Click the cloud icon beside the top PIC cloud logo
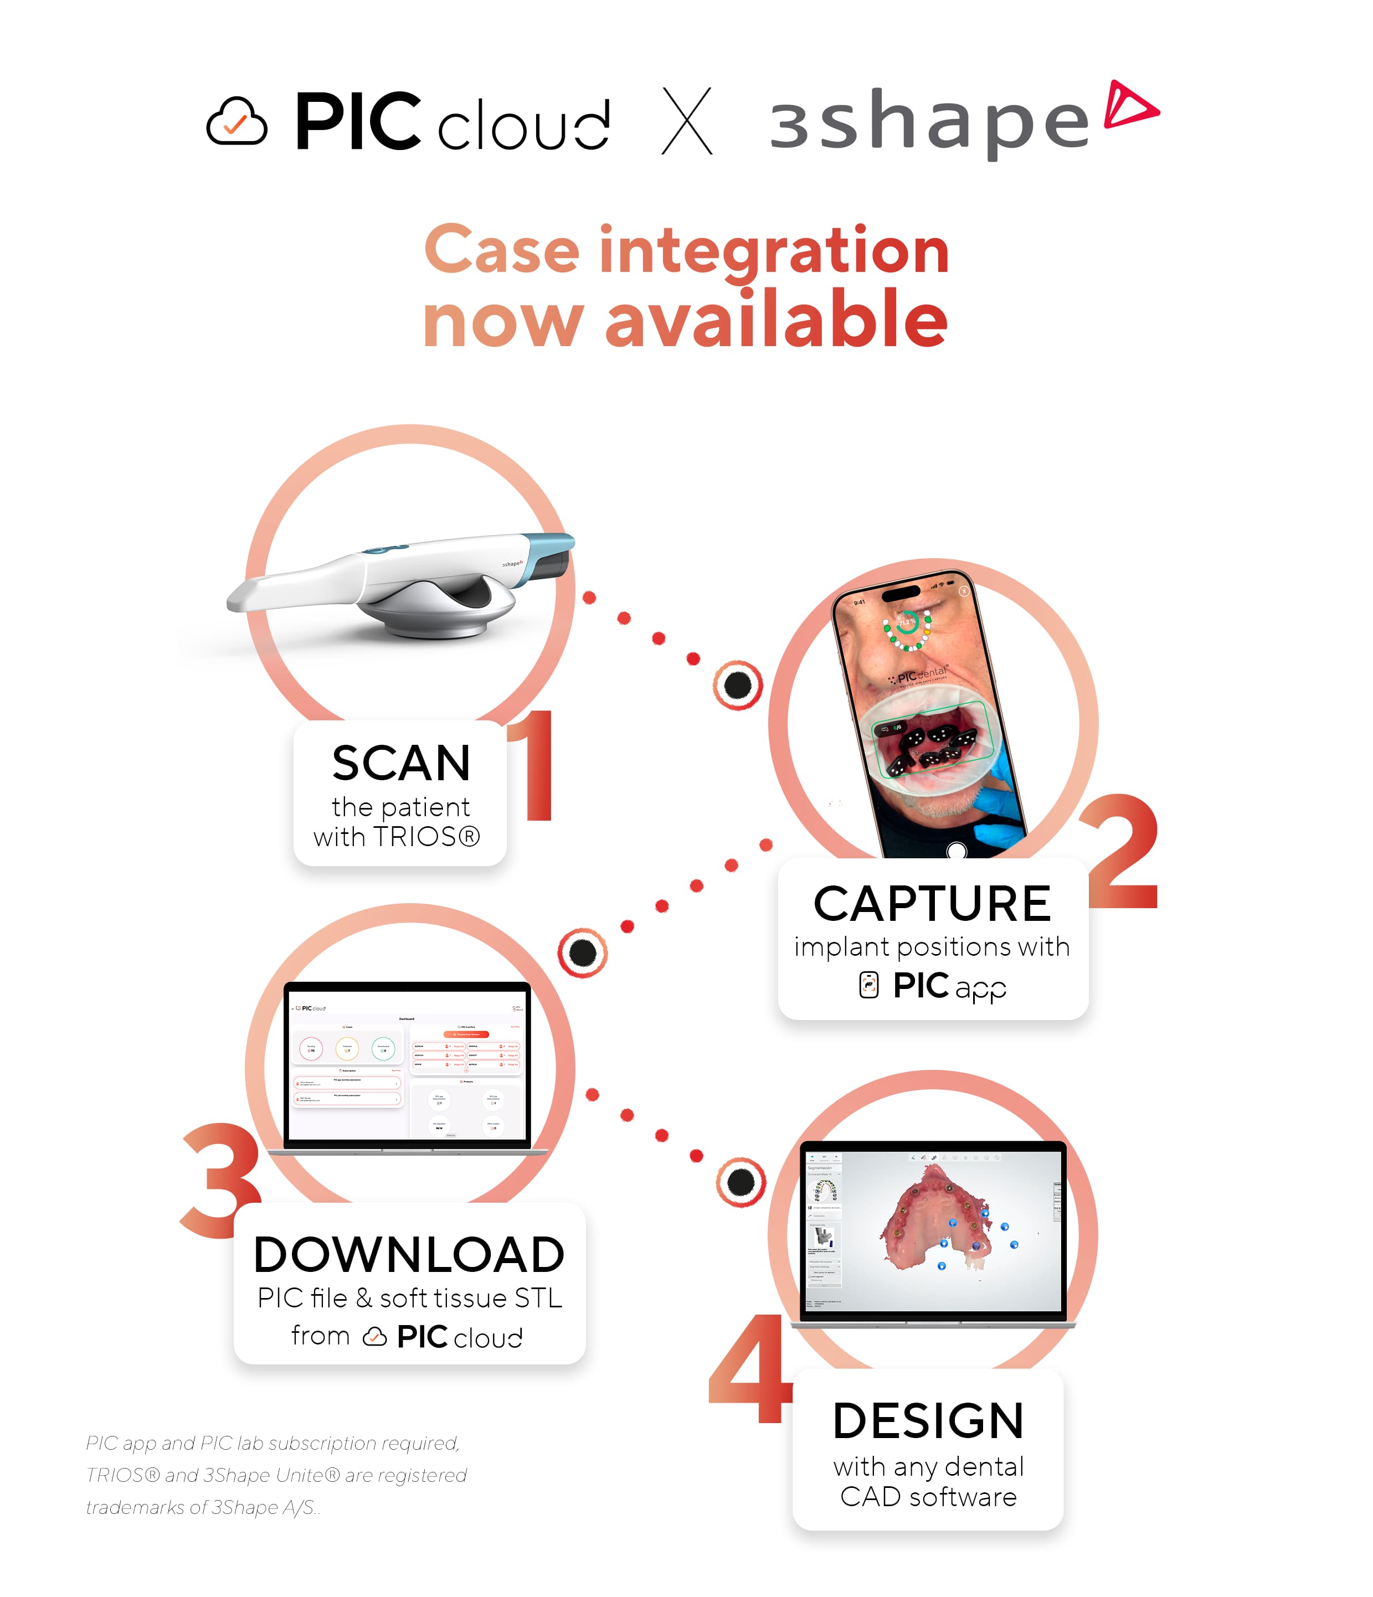[236, 122]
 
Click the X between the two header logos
[687, 121]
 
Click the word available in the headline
[777, 320]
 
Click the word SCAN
[401, 763]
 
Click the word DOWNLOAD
[409, 1255]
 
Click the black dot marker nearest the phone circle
[738, 684]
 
